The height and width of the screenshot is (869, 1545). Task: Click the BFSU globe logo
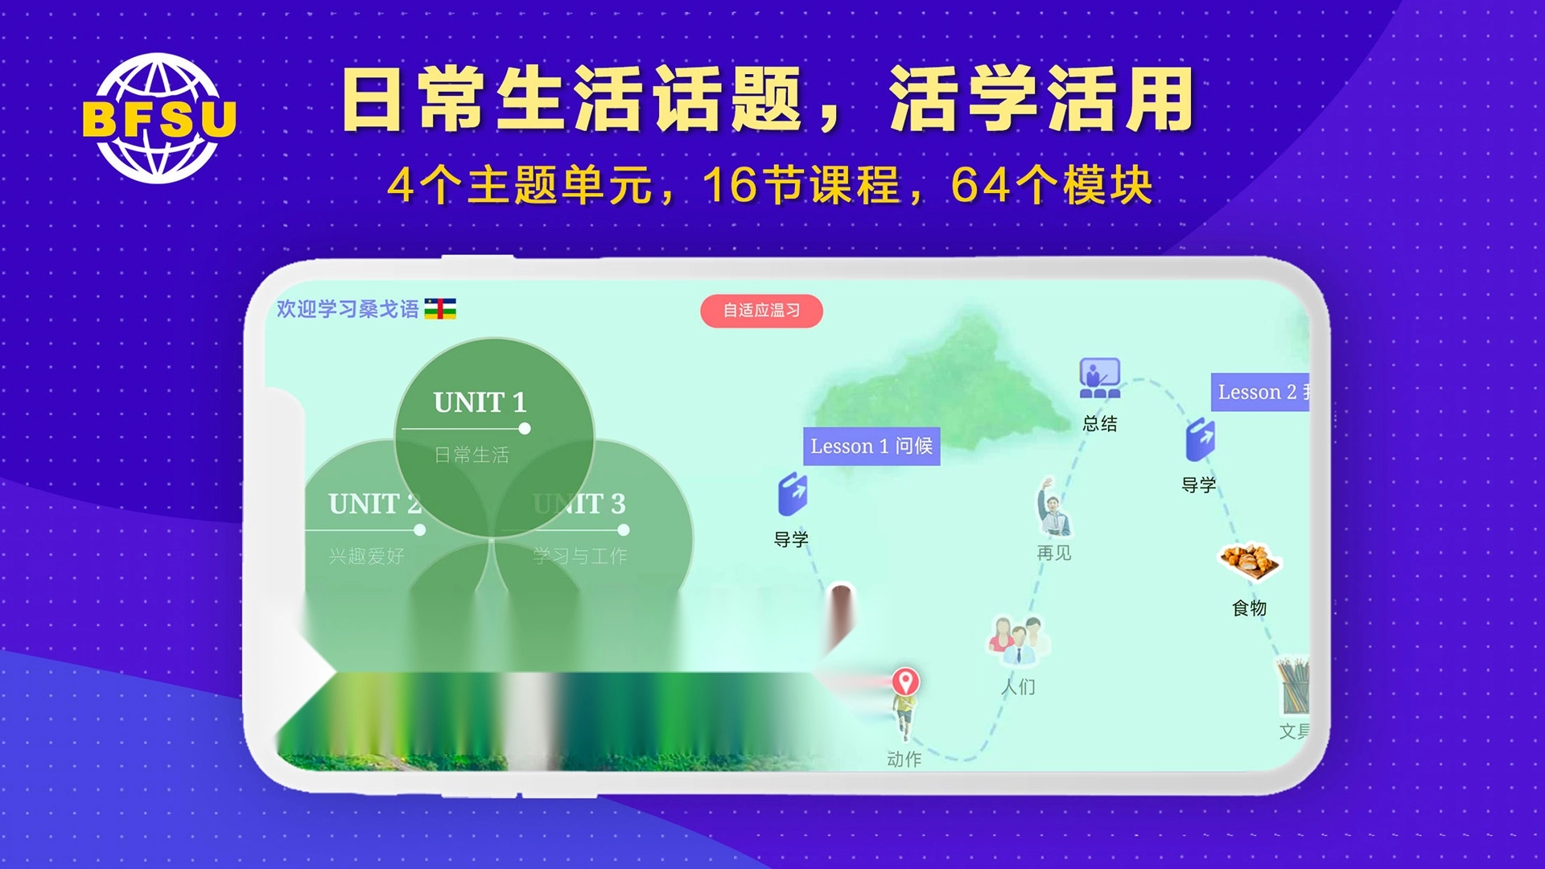tap(159, 118)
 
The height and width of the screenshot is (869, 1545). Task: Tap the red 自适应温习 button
tap(761, 311)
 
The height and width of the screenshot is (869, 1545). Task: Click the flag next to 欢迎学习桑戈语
tap(440, 309)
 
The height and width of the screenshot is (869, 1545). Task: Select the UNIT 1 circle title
tap(480, 402)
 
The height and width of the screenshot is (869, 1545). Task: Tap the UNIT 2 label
tap(374, 505)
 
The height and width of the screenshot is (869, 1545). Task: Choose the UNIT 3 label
tap(579, 505)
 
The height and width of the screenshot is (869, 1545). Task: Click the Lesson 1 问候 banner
tap(871, 446)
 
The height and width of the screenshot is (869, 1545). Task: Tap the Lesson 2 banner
tap(1260, 392)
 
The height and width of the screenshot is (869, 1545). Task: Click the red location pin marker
tap(905, 682)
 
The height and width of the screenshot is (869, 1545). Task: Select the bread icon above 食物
tap(1249, 562)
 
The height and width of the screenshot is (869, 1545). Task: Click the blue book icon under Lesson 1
tap(792, 495)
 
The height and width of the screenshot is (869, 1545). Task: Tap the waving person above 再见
tap(1053, 507)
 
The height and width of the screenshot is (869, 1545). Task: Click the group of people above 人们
tap(1018, 640)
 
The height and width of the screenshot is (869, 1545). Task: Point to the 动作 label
tap(904, 759)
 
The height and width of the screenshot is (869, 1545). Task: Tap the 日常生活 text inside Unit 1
tap(472, 455)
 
